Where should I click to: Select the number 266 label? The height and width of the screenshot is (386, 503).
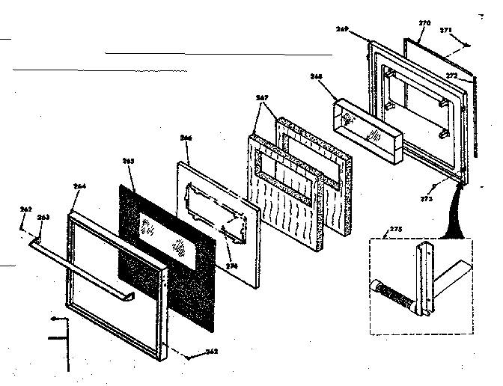[186, 138]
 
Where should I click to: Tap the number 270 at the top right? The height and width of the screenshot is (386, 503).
[424, 24]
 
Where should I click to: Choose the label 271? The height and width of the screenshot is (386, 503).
[446, 30]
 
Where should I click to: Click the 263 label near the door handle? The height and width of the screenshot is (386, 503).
[43, 217]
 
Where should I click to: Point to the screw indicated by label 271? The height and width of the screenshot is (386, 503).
[467, 45]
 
